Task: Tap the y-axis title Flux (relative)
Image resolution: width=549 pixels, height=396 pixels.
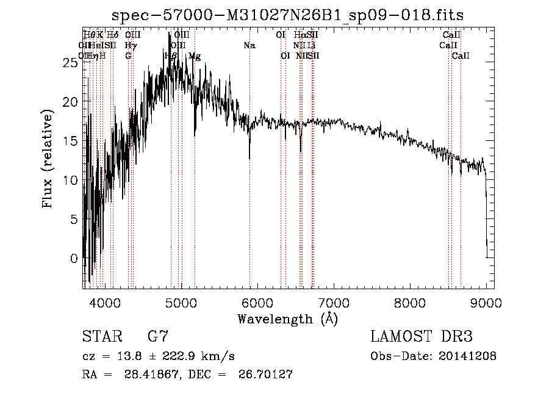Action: (x=48, y=158)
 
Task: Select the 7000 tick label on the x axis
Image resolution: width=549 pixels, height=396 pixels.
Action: (x=333, y=302)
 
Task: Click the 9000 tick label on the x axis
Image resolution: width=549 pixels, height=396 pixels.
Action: (x=486, y=302)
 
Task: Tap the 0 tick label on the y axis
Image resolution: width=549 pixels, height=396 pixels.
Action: (x=74, y=258)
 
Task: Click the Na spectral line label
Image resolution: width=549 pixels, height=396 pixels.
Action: (x=249, y=46)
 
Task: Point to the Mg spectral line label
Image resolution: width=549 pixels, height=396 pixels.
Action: (x=195, y=56)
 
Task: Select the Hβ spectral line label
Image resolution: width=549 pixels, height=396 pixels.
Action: (x=171, y=56)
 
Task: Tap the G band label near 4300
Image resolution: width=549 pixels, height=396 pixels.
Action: (x=128, y=56)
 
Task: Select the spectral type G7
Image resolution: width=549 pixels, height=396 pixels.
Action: (x=158, y=337)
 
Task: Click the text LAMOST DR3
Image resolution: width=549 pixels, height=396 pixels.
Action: (x=422, y=337)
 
